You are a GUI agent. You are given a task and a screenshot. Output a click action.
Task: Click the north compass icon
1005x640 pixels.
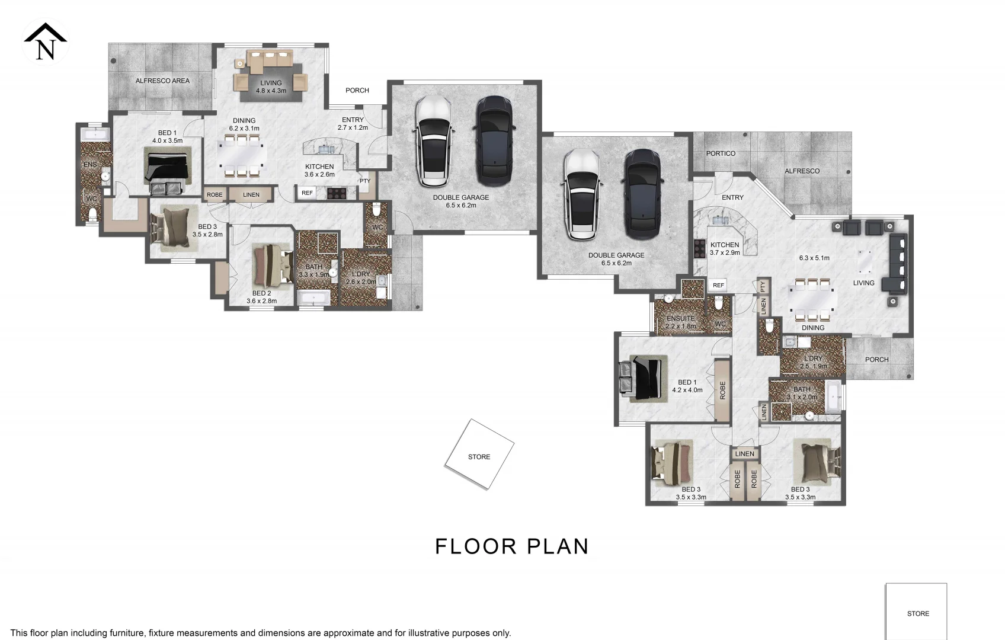click(x=46, y=42)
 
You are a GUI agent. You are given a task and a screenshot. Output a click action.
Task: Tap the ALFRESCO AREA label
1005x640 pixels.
click(x=162, y=81)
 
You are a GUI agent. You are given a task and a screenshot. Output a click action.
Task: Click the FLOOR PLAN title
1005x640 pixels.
click(x=511, y=546)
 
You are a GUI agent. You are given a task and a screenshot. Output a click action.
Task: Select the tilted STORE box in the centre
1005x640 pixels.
click(x=479, y=455)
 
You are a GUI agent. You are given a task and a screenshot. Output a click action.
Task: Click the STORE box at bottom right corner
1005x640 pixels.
click(x=917, y=612)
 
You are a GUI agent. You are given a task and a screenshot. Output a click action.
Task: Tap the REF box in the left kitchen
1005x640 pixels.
click(x=307, y=193)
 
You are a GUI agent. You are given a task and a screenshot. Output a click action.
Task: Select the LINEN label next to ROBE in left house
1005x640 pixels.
click(x=251, y=194)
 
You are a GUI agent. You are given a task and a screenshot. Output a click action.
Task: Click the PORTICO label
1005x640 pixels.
click(x=721, y=153)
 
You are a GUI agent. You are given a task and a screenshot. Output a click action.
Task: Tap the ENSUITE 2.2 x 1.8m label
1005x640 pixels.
click(x=680, y=322)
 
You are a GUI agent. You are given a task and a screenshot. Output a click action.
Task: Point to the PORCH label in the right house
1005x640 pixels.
click(x=876, y=360)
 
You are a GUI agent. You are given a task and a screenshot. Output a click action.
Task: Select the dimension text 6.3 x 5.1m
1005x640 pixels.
click(x=814, y=258)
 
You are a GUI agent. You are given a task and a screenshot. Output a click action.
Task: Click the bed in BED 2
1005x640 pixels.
click(x=272, y=265)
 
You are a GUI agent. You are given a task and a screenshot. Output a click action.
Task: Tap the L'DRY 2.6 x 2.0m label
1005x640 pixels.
click(x=361, y=277)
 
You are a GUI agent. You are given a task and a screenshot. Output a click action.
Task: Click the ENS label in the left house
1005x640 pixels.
click(x=89, y=165)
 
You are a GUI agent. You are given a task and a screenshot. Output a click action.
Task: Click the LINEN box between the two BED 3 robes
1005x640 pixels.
click(x=745, y=454)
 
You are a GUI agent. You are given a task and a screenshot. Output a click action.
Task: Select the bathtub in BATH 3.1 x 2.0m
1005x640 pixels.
click(x=833, y=398)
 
